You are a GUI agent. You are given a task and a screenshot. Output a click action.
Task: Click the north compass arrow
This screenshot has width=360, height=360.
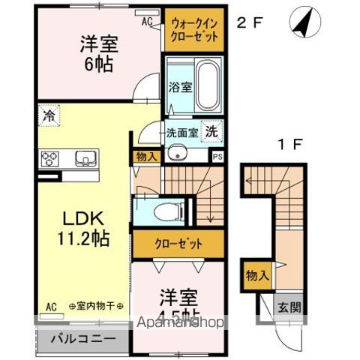pos(301,22)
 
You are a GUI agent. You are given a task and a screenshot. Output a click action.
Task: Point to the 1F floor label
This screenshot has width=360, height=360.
pos(294,141)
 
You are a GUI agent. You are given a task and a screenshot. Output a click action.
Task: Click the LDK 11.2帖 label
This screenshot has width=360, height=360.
pos(83,229)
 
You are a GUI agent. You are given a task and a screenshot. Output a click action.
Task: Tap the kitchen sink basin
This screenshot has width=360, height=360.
pos(85,158)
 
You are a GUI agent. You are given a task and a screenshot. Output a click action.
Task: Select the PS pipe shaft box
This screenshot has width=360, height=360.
pos(217,157)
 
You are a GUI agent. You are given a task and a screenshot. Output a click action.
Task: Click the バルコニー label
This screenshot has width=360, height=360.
pos(82,338)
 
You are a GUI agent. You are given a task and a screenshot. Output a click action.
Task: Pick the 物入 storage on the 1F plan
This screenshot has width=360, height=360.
pos(256,275)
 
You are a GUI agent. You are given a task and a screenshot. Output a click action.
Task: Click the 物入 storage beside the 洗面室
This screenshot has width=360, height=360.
pos(146,157)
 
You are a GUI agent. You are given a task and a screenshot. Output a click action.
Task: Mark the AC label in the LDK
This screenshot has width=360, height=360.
pos(51,307)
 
